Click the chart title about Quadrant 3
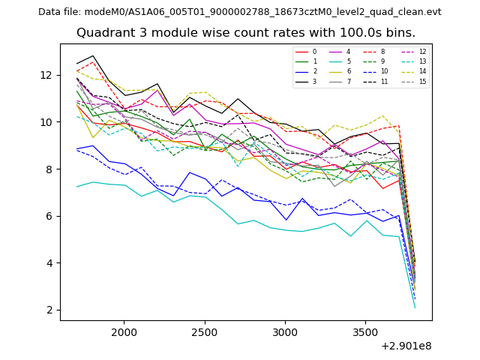[x=246, y=33]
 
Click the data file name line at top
[x=240, y=12]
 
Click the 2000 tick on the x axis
[x=124, y=331]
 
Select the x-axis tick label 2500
[x=204, y=331]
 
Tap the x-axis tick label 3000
[x=285, y=331]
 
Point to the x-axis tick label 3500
[x=365, y=331]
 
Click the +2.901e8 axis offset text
[x=406, y=346]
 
